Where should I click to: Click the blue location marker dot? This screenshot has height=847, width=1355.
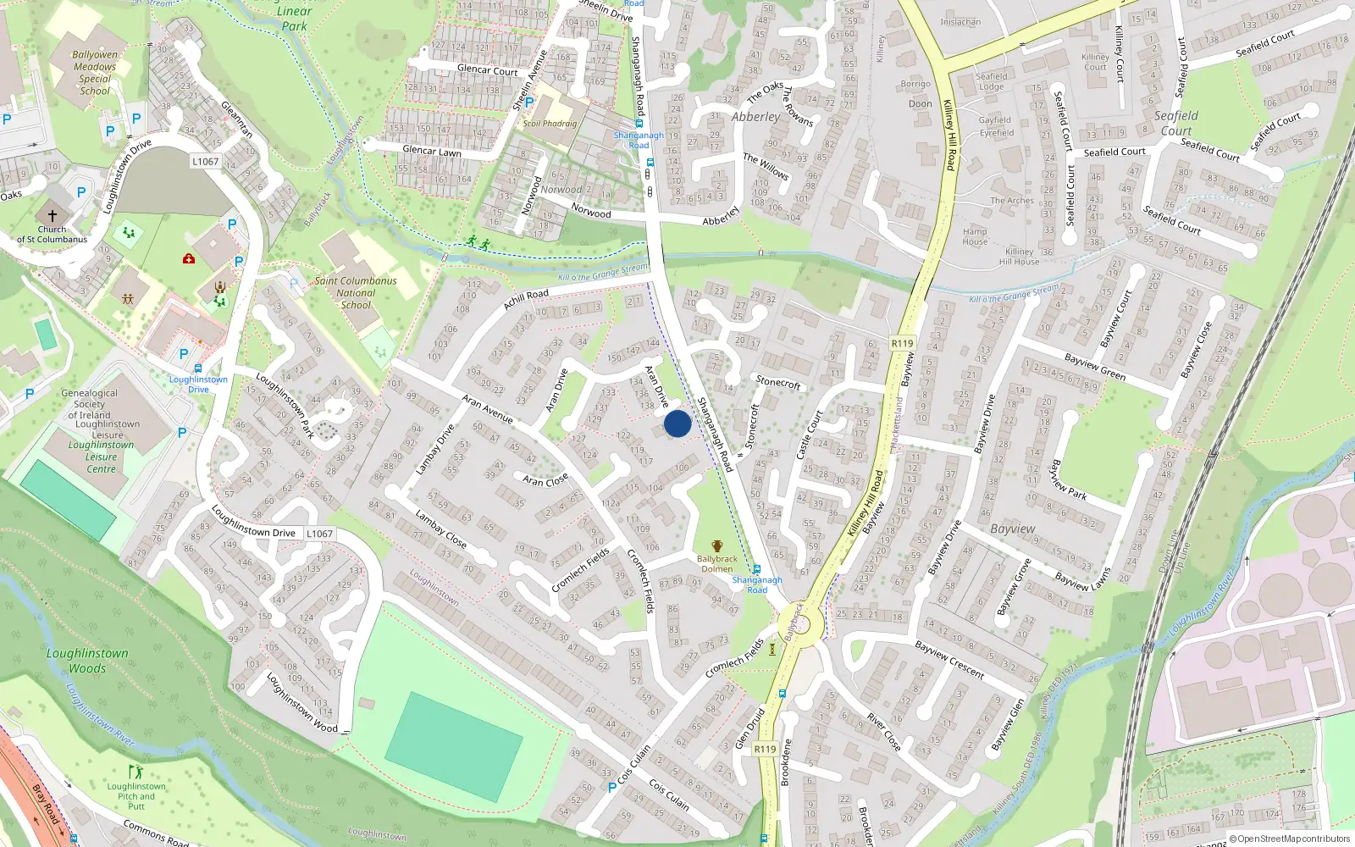point(677,423)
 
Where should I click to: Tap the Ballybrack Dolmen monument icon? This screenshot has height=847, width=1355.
point(717,546)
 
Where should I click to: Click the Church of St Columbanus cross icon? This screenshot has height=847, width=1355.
point(52,216)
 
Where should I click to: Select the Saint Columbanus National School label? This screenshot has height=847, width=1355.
point(356,293)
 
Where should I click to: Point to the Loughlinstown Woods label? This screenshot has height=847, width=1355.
point(87,661)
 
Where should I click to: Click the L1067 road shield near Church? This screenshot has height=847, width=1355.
point(205,162)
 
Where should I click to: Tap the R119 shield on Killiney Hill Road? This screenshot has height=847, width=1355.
point(902,344)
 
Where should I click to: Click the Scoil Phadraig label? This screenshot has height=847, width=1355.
point(550,124)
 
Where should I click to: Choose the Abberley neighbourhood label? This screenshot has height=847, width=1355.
point(755,117)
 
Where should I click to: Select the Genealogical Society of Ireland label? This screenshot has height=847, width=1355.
point(89,404)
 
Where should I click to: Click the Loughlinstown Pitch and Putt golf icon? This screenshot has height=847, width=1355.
point(135,772)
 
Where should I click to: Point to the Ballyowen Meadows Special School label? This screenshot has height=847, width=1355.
point(95,73)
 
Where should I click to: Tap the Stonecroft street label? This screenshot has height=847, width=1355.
point(777,383)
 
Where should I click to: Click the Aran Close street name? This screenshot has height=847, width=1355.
point(545,480)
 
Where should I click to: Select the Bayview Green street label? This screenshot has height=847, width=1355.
point(1094,367)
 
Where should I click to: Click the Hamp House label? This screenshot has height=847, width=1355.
point(975,236)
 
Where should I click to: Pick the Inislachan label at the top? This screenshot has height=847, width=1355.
point(960,22)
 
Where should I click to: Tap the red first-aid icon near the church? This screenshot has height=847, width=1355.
point(189,258)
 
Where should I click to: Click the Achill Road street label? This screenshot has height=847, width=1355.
point(526,298)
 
